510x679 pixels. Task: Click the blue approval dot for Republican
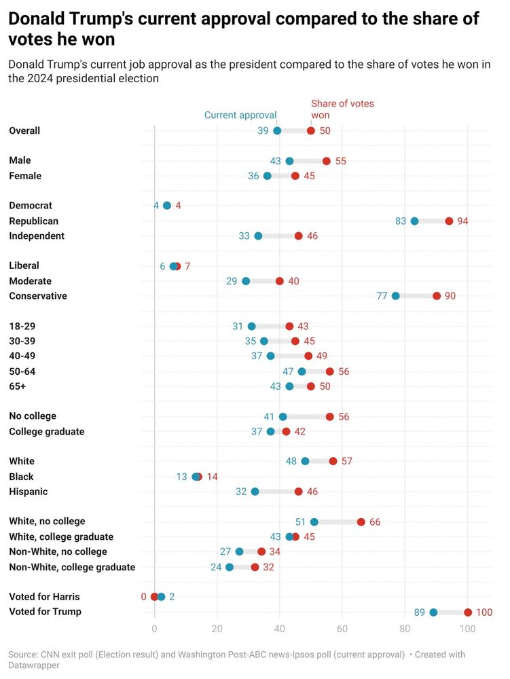pos(414,221)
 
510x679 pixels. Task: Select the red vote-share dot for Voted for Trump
pos(468,612)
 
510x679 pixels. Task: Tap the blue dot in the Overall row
pos(277,130)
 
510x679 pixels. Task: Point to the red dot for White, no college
pos(361,522)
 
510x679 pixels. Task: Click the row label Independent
pos(37,236)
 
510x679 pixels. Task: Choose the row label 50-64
pos(22,371)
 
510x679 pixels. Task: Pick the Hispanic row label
pos(29,492)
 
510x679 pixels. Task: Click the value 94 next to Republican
pos(463,221)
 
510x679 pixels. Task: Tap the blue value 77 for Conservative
pos(382,296)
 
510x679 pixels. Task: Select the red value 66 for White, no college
pos(375,522)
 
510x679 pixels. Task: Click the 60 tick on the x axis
pos(342,629)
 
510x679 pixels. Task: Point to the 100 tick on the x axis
pos(468,629)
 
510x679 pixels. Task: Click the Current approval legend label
pos(240,115)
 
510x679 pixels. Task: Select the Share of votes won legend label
pos(342,109)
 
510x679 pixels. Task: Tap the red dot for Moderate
pos(280,281)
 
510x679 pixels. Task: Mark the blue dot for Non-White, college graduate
pos(230,567)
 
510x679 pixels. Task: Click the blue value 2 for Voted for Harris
pos(172,597)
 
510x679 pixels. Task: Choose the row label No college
pos(33,416)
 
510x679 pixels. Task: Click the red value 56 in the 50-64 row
pos(344,371)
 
